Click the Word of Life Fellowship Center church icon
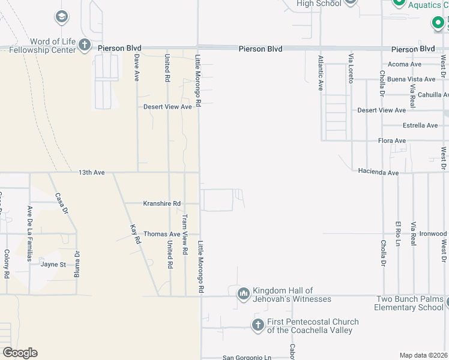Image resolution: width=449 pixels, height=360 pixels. point(85,44)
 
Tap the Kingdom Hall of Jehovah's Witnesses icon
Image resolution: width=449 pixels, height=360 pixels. point(243,293)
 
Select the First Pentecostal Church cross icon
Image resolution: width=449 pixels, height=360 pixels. point(258,325)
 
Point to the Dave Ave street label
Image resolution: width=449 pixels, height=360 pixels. point(137,67)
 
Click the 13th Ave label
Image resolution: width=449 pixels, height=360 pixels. point(91,172)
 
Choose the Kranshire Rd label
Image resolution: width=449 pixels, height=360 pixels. point(161,203)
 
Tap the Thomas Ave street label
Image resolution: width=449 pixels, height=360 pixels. point(161,234)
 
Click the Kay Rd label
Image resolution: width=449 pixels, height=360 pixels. point(135,233)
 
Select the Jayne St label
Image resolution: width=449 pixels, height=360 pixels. point(52,264)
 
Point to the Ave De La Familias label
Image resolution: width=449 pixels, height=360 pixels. point(29,233)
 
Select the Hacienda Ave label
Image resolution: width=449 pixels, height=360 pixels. point(378,172)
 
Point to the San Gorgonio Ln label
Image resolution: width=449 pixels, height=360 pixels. point(247,358)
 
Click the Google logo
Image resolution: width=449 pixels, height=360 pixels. point(20,353)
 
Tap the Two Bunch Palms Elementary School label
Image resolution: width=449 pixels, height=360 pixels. point(409,303)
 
